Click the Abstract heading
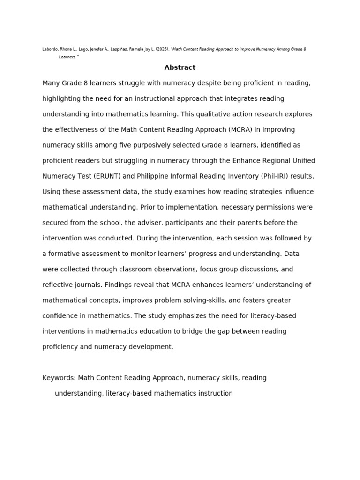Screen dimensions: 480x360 point(180,67)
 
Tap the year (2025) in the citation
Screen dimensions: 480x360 point(161,49)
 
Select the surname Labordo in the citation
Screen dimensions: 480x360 point(50,49)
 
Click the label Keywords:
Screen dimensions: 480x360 point(59,378)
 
